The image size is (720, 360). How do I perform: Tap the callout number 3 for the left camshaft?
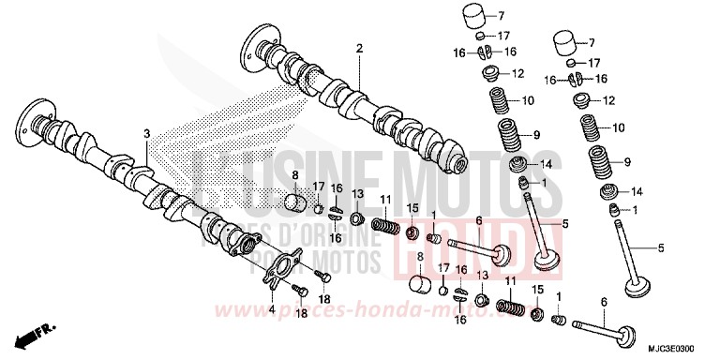pos(146,136)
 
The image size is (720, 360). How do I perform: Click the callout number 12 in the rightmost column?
pos(607,99)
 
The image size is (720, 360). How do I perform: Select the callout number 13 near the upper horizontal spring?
pos(356,193)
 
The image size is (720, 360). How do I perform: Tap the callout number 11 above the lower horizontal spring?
pos(510,280)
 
